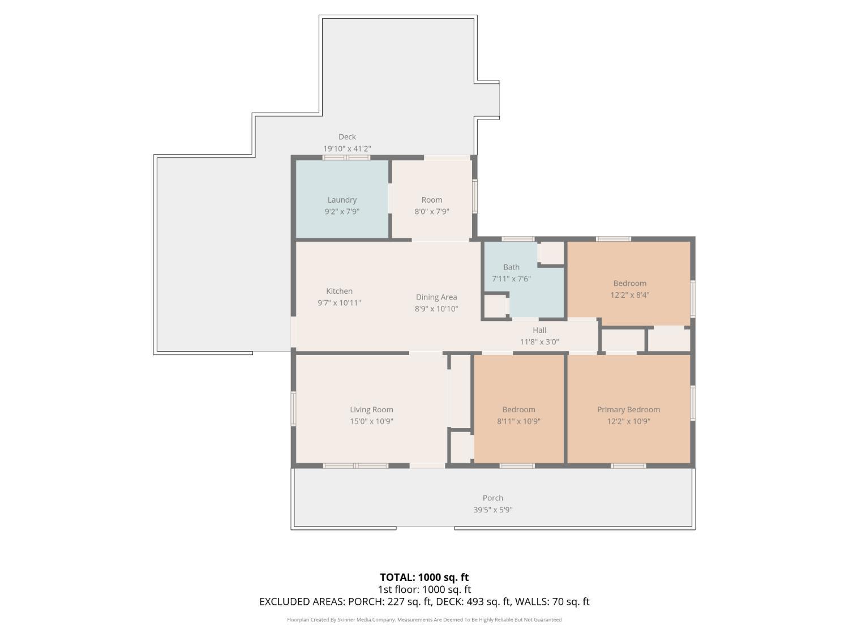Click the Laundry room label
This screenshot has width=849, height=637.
[341, 199]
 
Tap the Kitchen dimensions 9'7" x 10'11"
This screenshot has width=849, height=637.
[339, 302]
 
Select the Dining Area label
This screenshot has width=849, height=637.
[436, 297]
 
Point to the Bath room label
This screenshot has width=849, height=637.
[511, 267]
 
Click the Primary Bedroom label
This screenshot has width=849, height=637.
[628, 409]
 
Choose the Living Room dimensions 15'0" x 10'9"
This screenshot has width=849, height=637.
[371, 421]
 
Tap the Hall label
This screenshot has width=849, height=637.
[539, 330]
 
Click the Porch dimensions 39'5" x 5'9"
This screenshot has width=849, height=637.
[492, 510]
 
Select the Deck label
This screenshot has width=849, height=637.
[346, 136]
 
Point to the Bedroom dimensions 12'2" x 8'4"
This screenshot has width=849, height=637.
[629, 294]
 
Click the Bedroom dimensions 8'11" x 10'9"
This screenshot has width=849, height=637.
[518, 421]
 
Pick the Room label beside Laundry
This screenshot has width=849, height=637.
[431, 199]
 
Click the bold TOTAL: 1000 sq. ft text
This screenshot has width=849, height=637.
[424, 577]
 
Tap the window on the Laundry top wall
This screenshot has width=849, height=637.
[346, 157]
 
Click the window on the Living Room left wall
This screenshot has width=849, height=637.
[293, 408]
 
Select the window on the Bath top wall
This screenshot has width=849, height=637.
[517, 239]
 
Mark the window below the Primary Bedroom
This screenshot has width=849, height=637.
[628, 465]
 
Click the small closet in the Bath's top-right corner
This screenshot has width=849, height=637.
[550, 253]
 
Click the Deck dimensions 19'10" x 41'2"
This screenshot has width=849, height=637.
[346, 148]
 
